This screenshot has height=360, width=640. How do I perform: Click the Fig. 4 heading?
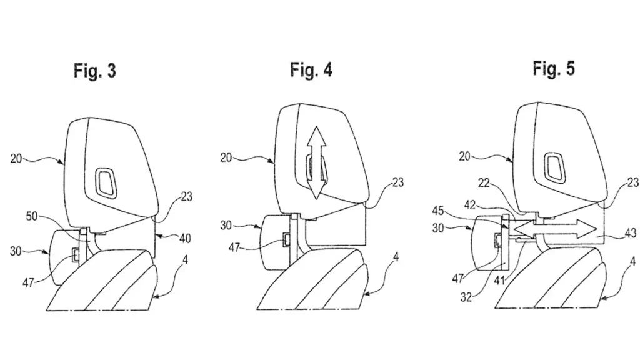coord(311,69)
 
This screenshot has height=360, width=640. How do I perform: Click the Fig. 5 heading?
coord(553,69)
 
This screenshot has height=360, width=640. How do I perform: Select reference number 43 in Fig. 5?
coord(630,233)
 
